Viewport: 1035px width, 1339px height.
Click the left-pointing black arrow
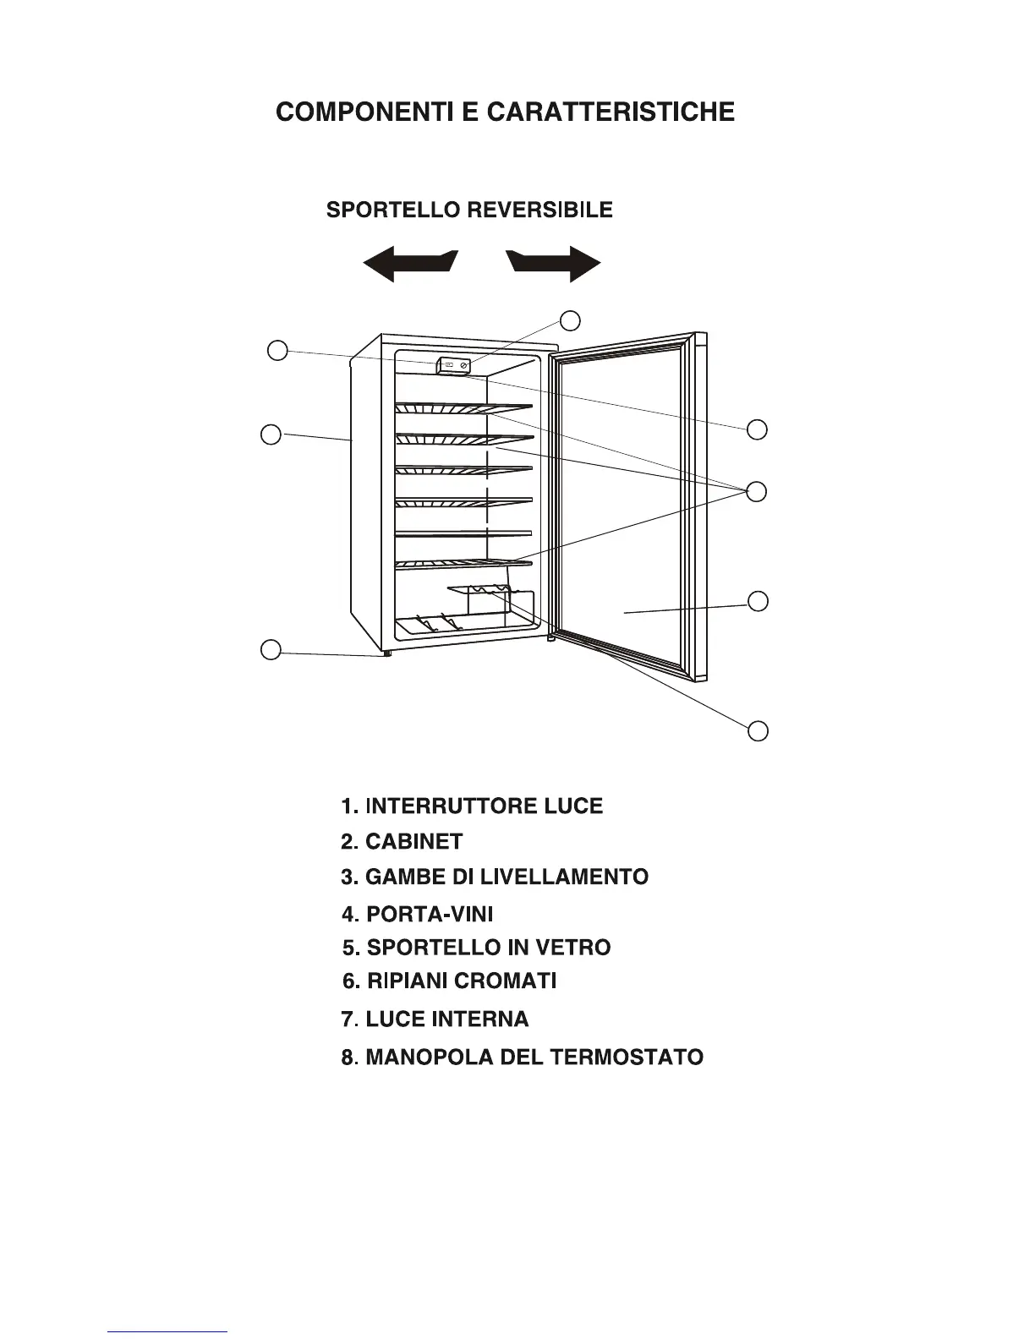408,265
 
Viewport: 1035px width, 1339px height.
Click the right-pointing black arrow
556,265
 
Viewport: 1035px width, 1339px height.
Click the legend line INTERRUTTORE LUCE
472,806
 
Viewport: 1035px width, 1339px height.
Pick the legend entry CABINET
402,842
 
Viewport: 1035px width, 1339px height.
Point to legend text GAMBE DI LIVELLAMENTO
495,877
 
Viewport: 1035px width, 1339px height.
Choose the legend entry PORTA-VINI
418,914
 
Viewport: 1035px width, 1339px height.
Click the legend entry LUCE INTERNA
435,1019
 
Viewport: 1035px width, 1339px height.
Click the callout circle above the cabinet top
571,320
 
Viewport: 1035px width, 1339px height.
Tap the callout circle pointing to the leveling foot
271,650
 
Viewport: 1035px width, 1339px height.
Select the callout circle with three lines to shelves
758,491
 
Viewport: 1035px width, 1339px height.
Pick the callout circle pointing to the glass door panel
758,601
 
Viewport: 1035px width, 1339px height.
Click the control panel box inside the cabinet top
455,366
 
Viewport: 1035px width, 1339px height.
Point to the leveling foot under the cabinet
386,653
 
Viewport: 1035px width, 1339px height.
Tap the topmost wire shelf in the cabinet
463,409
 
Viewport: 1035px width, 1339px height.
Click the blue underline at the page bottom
167,1331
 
